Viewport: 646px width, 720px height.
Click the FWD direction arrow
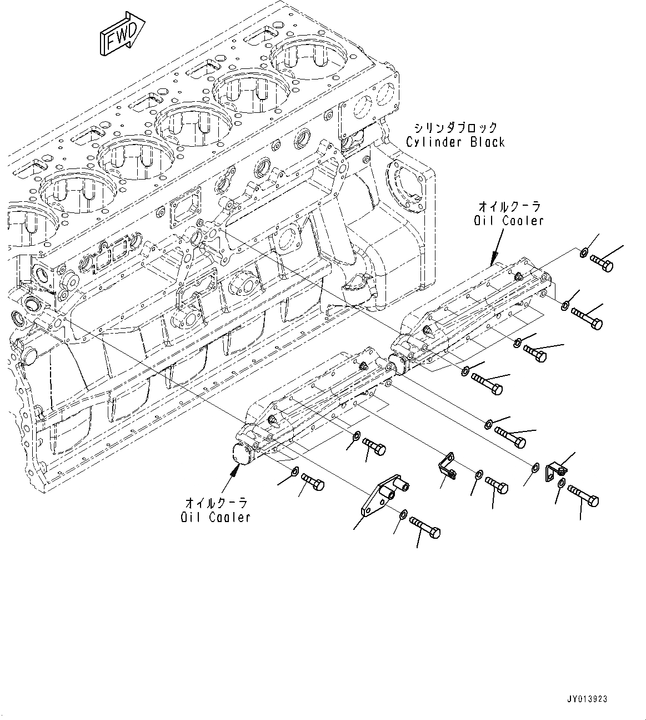point(122,34)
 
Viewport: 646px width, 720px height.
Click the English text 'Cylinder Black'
point(455,142)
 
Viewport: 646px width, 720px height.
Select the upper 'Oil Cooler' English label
point(508,221)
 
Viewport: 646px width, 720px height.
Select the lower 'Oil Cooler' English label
point(216,517)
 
